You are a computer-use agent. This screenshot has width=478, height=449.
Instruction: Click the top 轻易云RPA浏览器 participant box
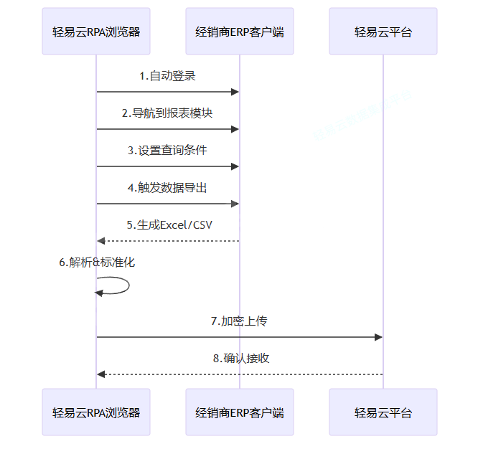pyautogui.click(x=96, y=32)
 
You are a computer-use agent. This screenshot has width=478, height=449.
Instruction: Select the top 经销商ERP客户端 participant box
pyautogui.click(x=240, y=32)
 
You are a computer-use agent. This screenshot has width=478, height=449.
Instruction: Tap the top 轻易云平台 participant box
pyautogui.click(x=383, y=32)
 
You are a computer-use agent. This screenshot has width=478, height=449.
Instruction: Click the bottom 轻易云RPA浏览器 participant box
pyautogui.click(x=96, y=412)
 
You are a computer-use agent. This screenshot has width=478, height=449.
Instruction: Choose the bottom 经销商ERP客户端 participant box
pyautogui.click(x=240, y=412)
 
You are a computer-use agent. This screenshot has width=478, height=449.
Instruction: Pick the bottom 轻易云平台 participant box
pyautogui.click(x=383, y=412)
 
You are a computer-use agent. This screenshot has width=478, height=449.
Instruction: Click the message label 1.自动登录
pyautogui.click(x=168, y=76)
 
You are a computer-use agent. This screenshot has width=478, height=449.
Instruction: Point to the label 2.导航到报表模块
pyautogui.click(x=168, y=113)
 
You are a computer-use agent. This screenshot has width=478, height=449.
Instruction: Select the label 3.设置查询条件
pyautogui.click(x=168, y=151)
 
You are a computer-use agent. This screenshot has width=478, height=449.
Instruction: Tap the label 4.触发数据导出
pyautogui.click(x=168, y=188)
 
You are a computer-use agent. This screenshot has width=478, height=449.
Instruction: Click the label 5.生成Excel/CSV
pyautogui.click(x=168, y=225)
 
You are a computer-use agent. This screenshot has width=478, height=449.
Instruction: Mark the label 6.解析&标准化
pyautogui.click(x=97, y=263)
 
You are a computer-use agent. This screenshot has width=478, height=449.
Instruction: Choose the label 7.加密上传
pyautogui.click(x=240, y=321)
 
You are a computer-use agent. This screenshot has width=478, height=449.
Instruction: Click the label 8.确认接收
pyautogui.click(x=240, y=359)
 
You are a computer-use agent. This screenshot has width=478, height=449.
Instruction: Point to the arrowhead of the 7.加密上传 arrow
pyautogui.click(x=378, y=337)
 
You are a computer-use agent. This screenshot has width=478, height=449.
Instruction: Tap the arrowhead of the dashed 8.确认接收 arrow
pyautogui.click(x=101, y=374)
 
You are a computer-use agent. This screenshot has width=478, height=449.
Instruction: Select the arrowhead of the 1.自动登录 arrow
pyautogui.click(x=235, y=92)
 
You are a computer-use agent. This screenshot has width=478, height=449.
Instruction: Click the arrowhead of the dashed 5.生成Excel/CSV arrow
pyautogui.click(x=101, y=241)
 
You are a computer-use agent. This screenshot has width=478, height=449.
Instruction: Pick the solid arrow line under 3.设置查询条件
pyautogui.click(x=168, y=166)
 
